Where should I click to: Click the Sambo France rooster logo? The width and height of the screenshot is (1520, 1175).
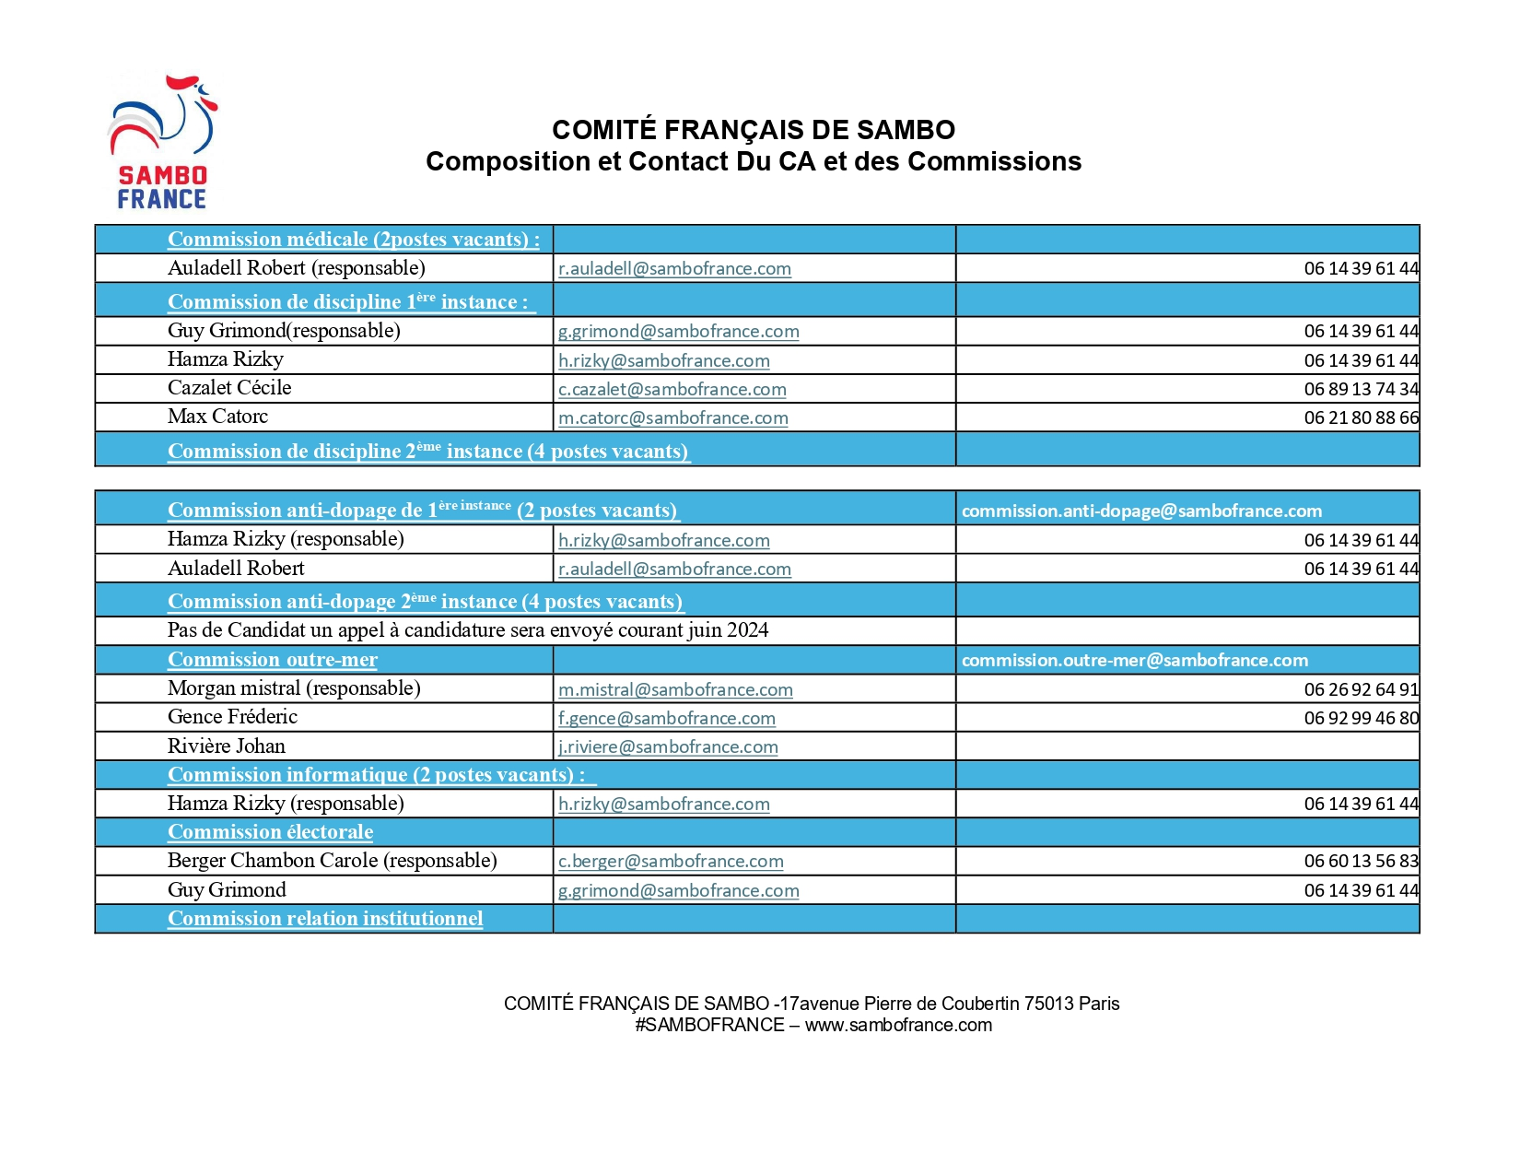click(163, 141)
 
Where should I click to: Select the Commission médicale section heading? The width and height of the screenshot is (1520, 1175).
click(353, 240)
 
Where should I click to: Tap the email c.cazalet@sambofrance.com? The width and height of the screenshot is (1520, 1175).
click(672, 390)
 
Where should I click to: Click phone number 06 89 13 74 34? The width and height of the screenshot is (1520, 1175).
click(1361, 390)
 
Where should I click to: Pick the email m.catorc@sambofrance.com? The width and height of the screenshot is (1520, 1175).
click(672, 418)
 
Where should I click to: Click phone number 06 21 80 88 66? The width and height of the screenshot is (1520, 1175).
click(1361, 418)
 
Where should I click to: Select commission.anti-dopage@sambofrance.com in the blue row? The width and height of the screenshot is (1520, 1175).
click(1141, 511)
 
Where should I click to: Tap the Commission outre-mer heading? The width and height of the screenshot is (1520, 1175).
click(272, 660)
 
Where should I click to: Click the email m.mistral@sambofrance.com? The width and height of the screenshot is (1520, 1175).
click(675, 690)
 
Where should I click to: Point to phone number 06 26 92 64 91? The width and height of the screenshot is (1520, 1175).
click(1361, 690)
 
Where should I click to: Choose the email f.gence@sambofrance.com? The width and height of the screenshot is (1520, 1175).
click(666, 719)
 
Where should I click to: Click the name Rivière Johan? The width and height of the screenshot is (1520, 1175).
click(226, 746)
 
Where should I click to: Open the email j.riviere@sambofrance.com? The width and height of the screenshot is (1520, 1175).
click(668, 747)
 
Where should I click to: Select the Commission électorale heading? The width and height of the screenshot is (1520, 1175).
click(270, 832)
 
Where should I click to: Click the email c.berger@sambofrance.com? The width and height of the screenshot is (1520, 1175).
click(671, 862)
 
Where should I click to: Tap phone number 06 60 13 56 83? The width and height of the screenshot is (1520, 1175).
click(1361, 862)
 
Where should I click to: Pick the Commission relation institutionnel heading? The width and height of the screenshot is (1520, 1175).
click(325, 919)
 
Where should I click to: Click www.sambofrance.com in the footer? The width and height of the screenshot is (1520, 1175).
click(898, 1026)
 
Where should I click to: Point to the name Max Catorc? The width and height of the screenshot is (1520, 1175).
click(217, 417)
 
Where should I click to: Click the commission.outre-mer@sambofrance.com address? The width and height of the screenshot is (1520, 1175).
click(1134, 661)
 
